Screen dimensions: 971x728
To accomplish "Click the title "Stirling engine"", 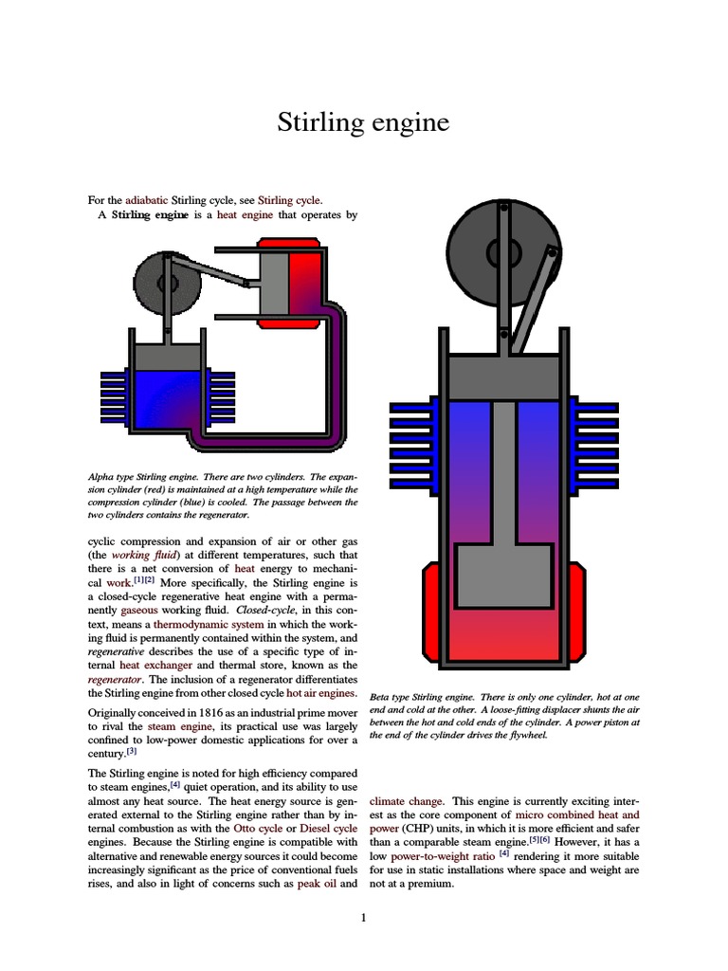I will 363,123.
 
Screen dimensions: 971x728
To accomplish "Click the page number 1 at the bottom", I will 363,917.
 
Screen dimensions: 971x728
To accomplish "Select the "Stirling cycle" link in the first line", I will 289,200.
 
